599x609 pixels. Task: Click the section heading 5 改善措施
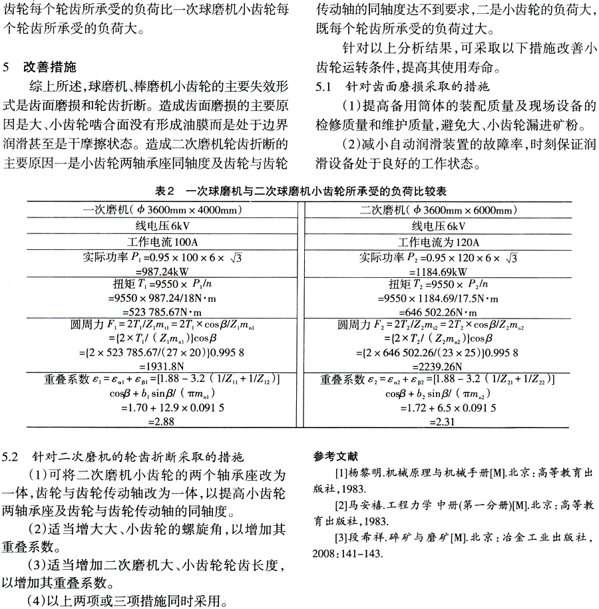click(x=49, y=67)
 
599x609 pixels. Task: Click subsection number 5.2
click(x=14, y=457)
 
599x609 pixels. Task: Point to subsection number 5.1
click(x=322, y=86)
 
